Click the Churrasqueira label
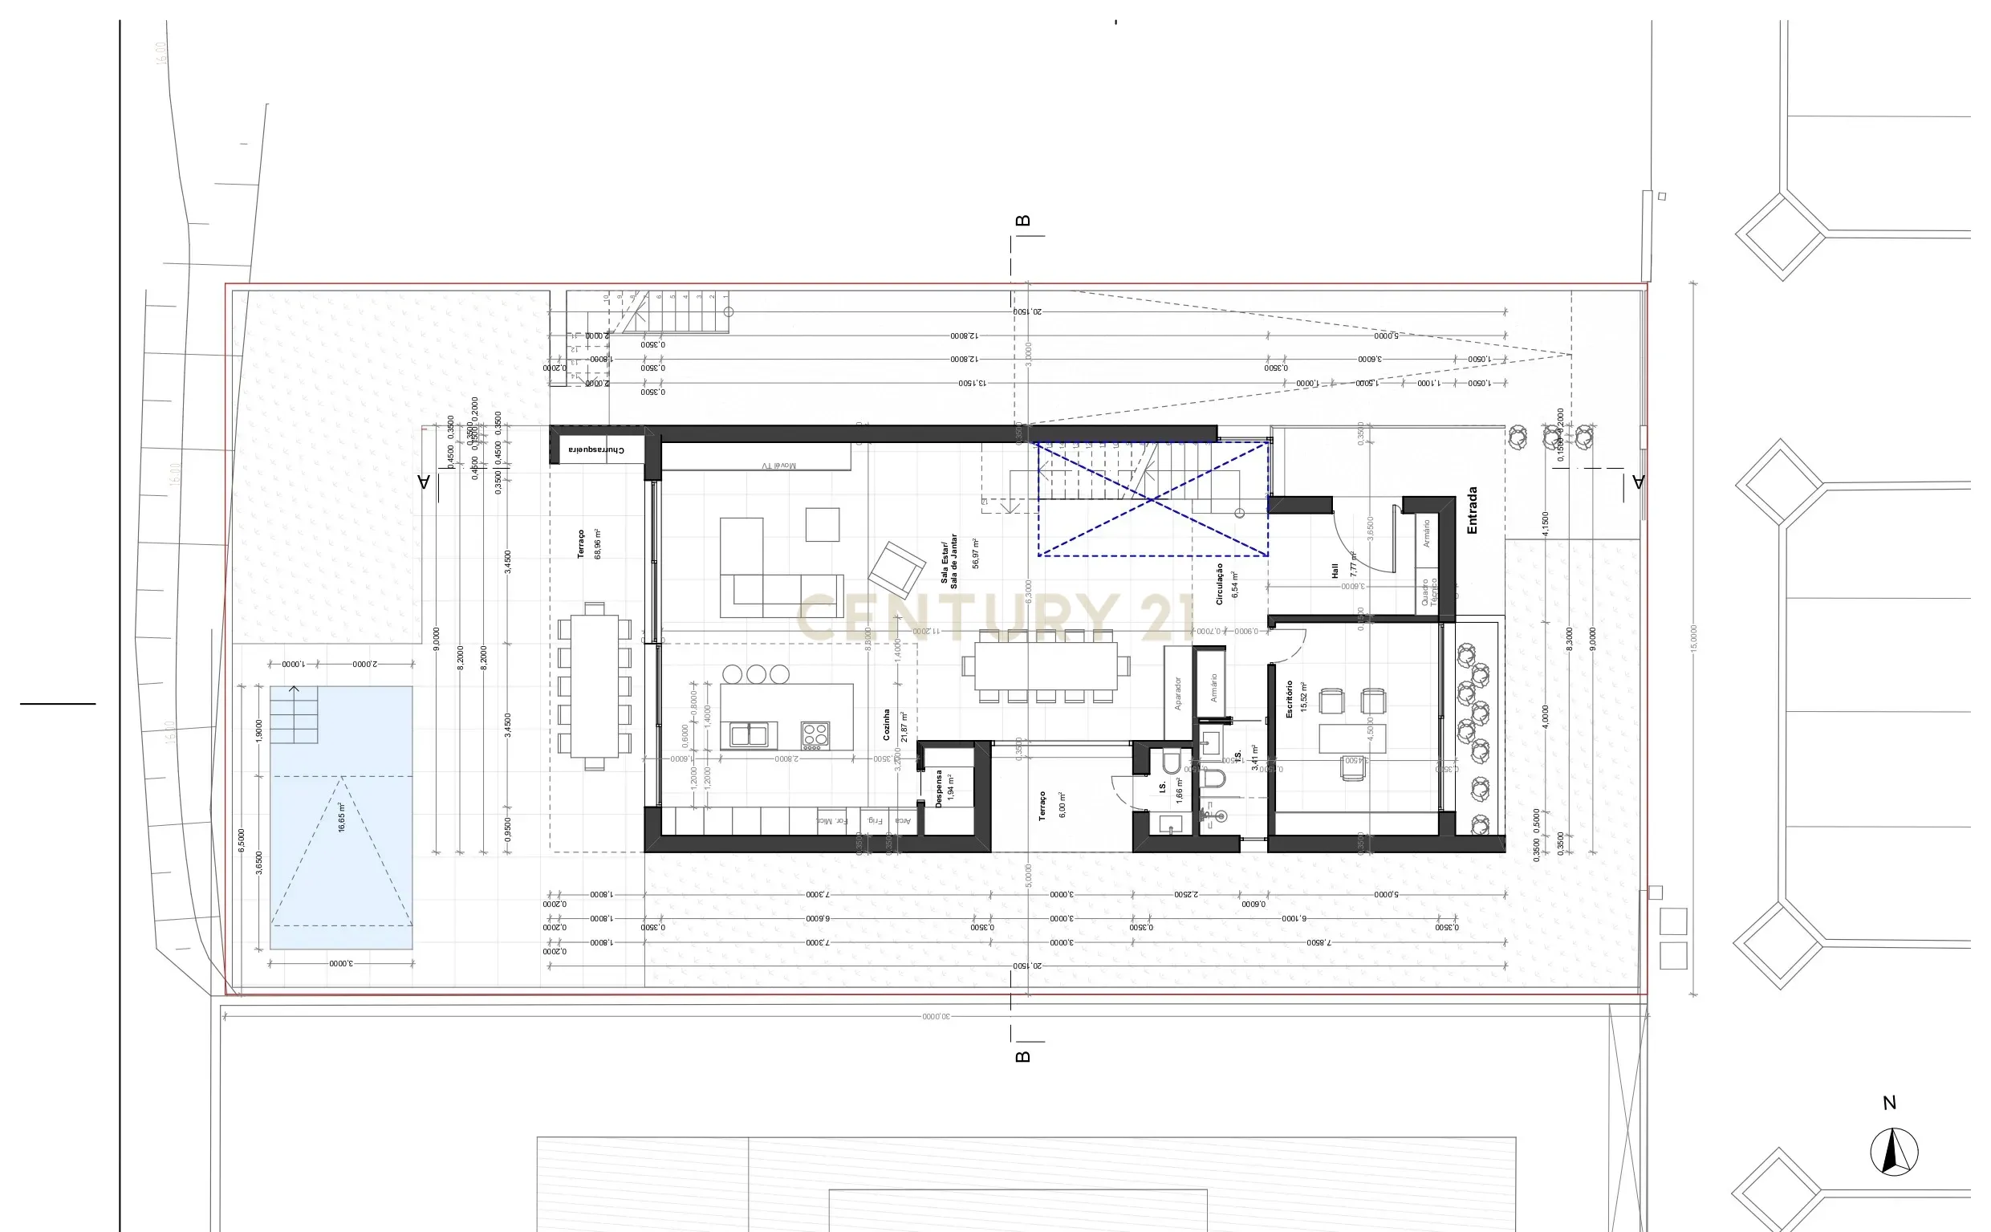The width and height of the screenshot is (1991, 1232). point(597,449)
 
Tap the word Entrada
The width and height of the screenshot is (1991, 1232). point(1472,511)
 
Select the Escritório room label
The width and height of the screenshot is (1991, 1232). point(1289,699)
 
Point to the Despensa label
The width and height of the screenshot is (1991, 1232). point(938,789)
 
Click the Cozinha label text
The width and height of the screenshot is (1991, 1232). point(887,724)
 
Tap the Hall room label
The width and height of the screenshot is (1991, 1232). point(1335,571)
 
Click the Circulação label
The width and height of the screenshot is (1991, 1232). point(1220,583)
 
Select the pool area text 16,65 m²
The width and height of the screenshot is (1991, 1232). point(342,816)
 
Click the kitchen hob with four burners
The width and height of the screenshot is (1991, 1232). point(815,735)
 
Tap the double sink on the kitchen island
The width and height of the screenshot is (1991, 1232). point(749,735)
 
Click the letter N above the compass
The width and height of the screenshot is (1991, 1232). point(1890,1104)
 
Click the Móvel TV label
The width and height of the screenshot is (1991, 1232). point(778,466)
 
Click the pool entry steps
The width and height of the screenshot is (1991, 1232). point(294,716)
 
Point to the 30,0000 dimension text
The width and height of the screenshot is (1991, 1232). point(937,1016)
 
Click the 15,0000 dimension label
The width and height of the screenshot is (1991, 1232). point(1694,638)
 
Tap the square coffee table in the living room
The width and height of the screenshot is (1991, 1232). point(822,524)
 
